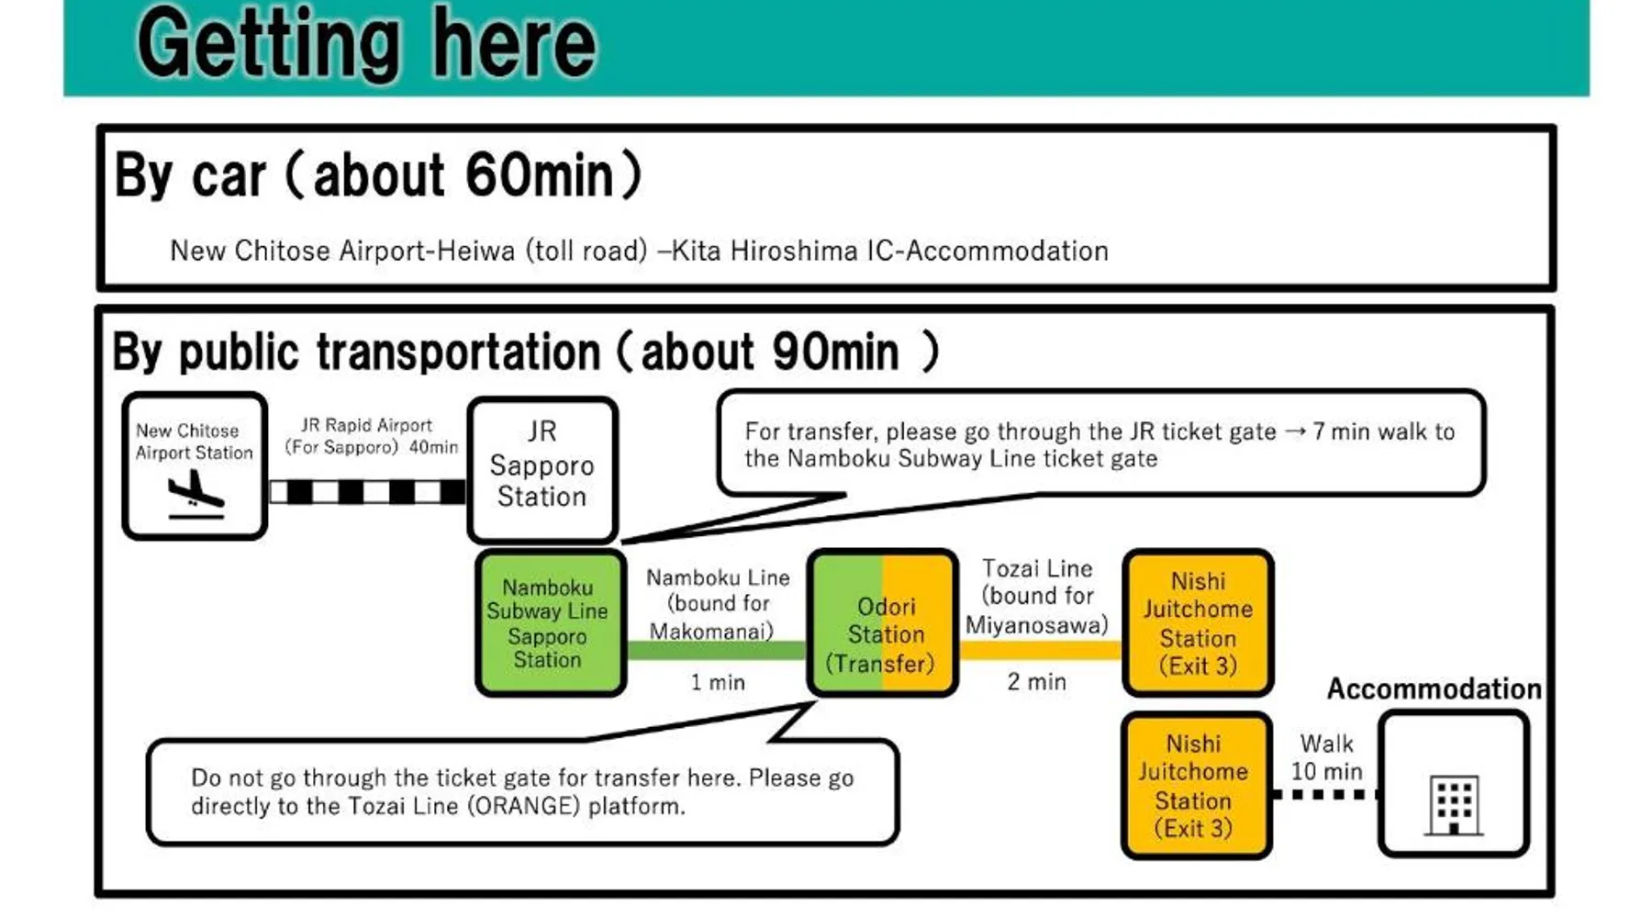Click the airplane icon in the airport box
(x=195, y=494)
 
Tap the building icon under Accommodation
(x=1454, y=806)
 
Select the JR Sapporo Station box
(x=542, y=470)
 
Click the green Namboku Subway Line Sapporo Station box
(x=551, y=623)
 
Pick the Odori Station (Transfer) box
(x=883, y=623)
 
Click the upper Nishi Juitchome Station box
(x=1198, y=623)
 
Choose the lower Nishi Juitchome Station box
(x=1196, y=786)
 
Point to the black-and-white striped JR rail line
(x=367, y=492)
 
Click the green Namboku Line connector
(x=717, y=651)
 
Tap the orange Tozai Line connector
(x=1041, y=651)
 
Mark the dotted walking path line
(x=1325, y=794)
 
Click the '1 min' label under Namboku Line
(x=718, y=682)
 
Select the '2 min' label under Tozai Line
(x=1037, y=681)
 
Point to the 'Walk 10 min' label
(x=1327, y=757)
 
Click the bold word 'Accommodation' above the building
(x=1434, y=688)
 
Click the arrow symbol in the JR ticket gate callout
(x=1295, y=431)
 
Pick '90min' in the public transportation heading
(x=835, y=352)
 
